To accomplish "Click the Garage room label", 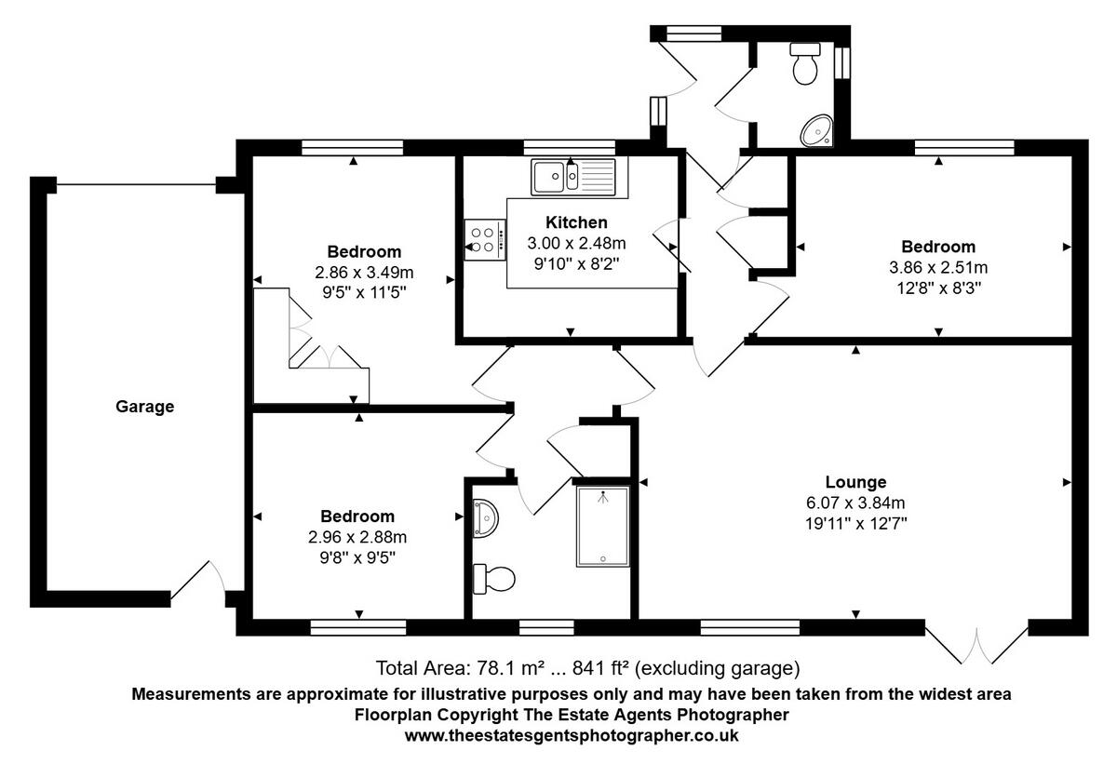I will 144,406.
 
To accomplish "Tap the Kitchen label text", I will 576,222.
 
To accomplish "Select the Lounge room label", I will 855,482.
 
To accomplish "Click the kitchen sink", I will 572,175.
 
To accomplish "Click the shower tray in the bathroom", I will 602,526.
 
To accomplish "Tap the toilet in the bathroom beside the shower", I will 493,579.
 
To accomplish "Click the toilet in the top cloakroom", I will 804,63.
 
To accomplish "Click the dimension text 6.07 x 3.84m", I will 855,503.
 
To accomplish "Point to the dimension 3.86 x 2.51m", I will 938,267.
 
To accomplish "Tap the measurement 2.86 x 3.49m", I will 364,273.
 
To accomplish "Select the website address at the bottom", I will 572,735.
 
